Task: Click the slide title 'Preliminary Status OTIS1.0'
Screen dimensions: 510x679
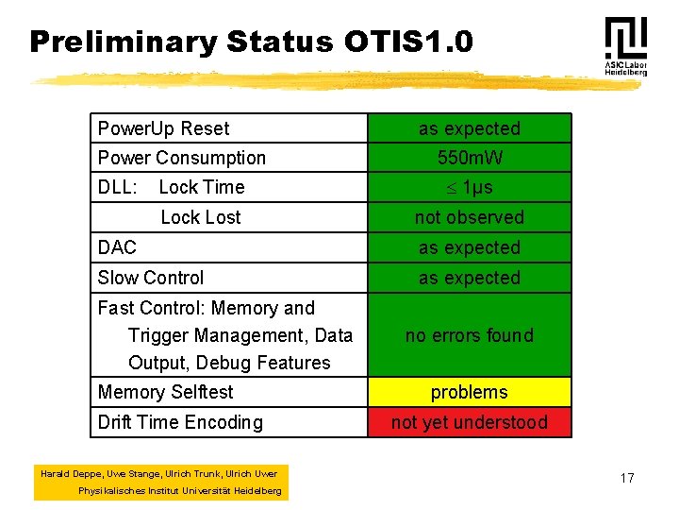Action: point(251,42)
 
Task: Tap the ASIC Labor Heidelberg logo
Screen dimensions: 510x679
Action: point(625,46)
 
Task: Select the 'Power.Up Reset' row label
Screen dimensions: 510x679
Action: point(164,128)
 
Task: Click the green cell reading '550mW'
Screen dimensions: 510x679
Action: point(469,158)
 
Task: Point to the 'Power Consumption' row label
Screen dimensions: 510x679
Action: point(182,158)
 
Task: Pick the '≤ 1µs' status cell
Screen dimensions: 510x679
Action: point(469,187)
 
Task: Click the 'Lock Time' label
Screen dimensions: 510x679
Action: point(201,187)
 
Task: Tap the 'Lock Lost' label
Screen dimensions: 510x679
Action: point(201,217)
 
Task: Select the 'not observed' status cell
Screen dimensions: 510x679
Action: point(469,217)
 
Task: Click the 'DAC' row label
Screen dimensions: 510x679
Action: point(118,247)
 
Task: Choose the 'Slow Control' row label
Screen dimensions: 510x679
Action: point(151,278)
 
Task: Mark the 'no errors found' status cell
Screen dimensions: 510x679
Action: point(469,335)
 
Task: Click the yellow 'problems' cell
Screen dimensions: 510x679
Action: point(469,392)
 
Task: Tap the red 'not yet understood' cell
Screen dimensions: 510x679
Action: point(469,422)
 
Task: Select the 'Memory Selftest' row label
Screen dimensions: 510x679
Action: point(166,392)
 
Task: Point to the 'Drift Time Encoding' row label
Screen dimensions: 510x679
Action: point(180,422)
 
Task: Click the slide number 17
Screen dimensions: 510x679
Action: point(627,479)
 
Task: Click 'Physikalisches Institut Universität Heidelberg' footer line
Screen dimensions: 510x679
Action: point(179,491)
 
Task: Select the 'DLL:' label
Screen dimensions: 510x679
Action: point(118,187)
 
